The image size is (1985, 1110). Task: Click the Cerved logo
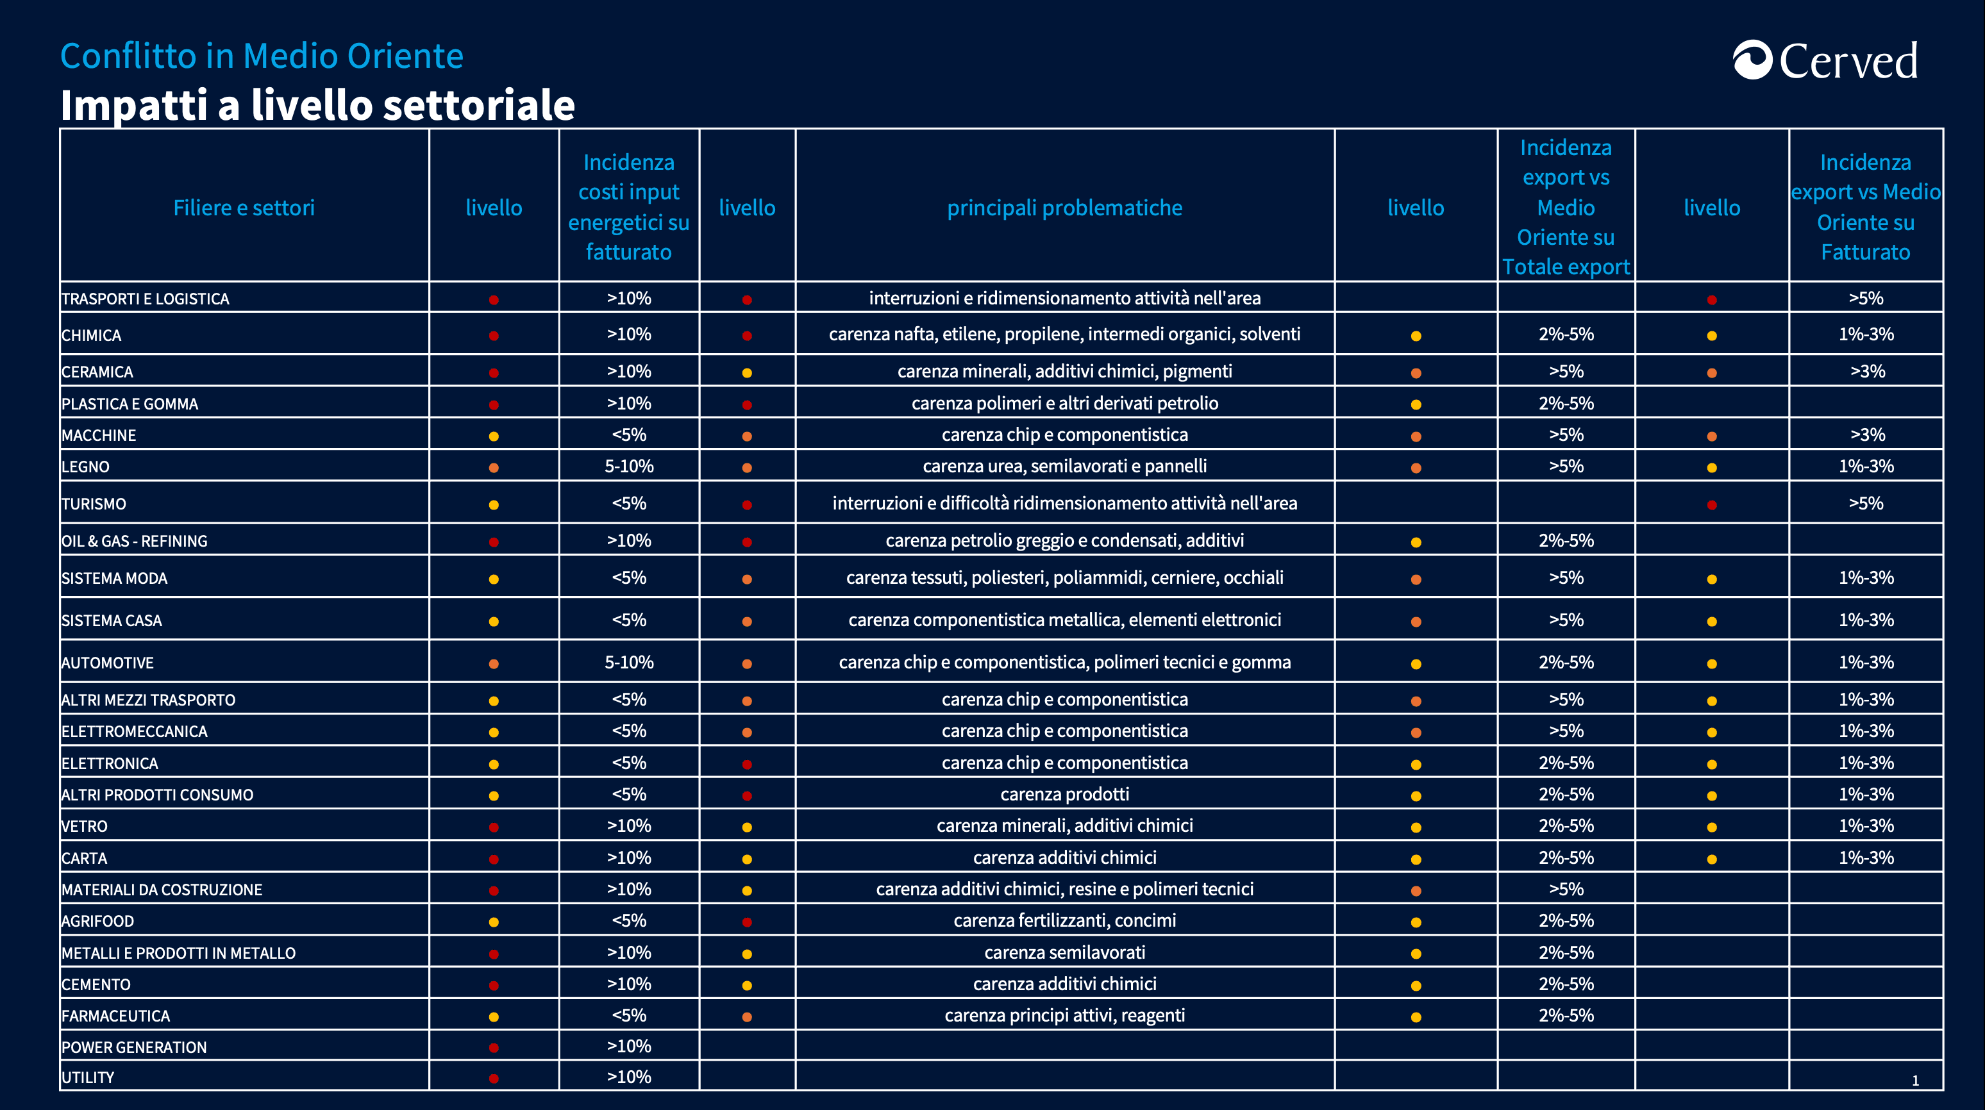(1825, 60)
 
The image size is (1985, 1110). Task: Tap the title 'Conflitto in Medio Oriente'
(262, 56)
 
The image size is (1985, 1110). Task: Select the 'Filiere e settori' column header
(244, 208)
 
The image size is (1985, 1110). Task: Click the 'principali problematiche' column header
(1064, 208)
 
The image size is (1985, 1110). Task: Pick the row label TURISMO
(93, 504)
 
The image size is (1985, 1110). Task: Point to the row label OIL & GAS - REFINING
(134, 541)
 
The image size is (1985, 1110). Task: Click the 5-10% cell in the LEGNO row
(629, 466)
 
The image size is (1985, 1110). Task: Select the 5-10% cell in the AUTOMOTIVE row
(629, 663)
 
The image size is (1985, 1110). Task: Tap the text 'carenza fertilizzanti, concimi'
(1064, 920)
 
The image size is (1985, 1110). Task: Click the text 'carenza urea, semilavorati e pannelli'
(1064, 466)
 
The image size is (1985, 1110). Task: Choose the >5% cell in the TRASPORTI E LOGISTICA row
(1866, 298)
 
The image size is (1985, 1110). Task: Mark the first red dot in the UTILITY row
(494, 1079)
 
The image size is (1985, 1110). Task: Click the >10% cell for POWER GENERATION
(629, 1046)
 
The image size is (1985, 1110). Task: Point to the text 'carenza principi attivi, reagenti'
(1064, 1015)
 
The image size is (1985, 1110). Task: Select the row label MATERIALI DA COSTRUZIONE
(162, 890)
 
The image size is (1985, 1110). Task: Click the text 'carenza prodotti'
(1064, 794)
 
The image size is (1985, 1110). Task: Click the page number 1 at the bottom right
(1915, 1081)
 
